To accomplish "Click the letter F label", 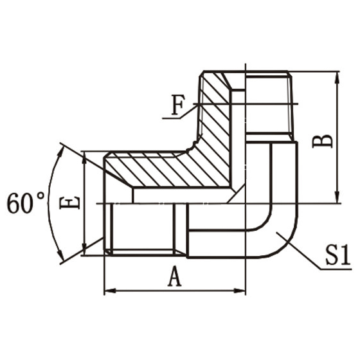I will pos(178,105).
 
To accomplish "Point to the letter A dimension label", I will pos(174,277).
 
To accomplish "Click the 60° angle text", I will pos(26,203).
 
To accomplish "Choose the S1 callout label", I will pos(336,256).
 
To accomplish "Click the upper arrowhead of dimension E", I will pos(85,157).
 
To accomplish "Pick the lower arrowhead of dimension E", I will pos(85,251).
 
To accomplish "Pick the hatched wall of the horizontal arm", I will pos(161,169).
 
